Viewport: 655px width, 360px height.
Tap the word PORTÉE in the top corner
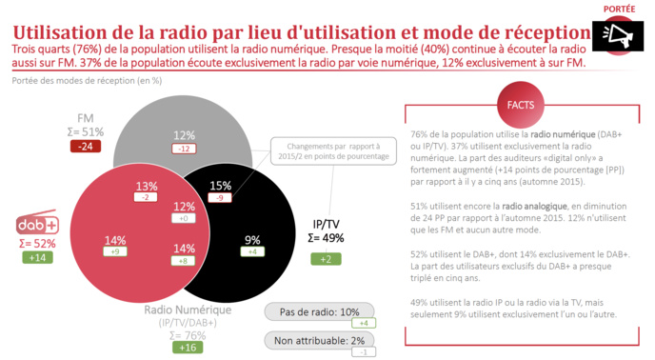tap(620, 8)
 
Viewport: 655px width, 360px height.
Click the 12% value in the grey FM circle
tap(184, 134)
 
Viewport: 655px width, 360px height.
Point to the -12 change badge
tap(184, 149)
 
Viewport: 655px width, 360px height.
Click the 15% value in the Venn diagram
tap(220, 185)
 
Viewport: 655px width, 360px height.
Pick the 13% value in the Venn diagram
tap(147, 185)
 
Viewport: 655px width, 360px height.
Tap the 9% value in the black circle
tap(252, 239)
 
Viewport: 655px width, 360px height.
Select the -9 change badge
tap(220, 198)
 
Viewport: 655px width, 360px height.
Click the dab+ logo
tap(38, 226)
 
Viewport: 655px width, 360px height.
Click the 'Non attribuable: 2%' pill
tap(311, 340)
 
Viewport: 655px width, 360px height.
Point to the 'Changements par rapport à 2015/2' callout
tap(318, 152)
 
